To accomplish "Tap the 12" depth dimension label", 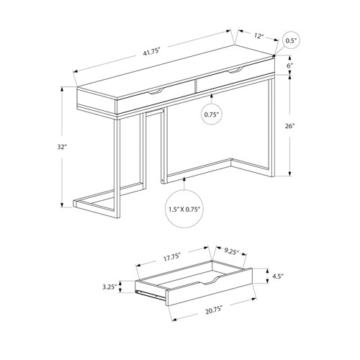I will click(x=258, y=34).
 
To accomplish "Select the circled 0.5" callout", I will click(x=291, y=40).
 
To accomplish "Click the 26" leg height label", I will click(x=289, y=125).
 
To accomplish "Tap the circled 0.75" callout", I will click(x=212, y=114).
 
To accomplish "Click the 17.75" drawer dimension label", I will click(x=170, y=254).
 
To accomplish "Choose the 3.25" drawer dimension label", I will click(x=110, y=286).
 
